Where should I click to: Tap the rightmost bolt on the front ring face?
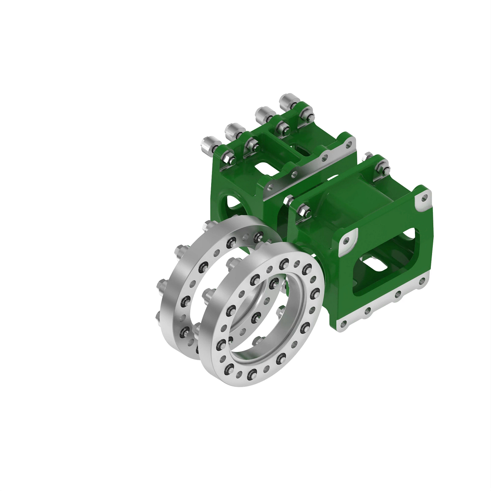[x=315, y=293]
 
